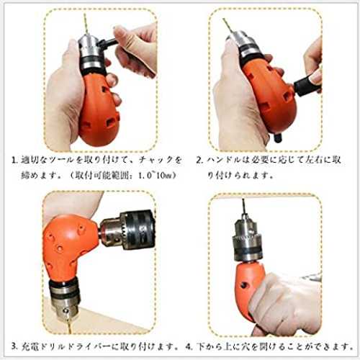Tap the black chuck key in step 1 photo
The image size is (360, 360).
click(109, 43)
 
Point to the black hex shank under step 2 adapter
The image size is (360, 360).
click(278, 138)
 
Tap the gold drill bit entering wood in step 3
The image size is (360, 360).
click(70, 323)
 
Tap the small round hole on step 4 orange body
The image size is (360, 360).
click(244, 285)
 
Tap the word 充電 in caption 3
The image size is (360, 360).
click(30, 346)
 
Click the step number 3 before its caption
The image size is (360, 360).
click(14, 346)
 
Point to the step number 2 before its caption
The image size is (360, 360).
click(199, 161)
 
